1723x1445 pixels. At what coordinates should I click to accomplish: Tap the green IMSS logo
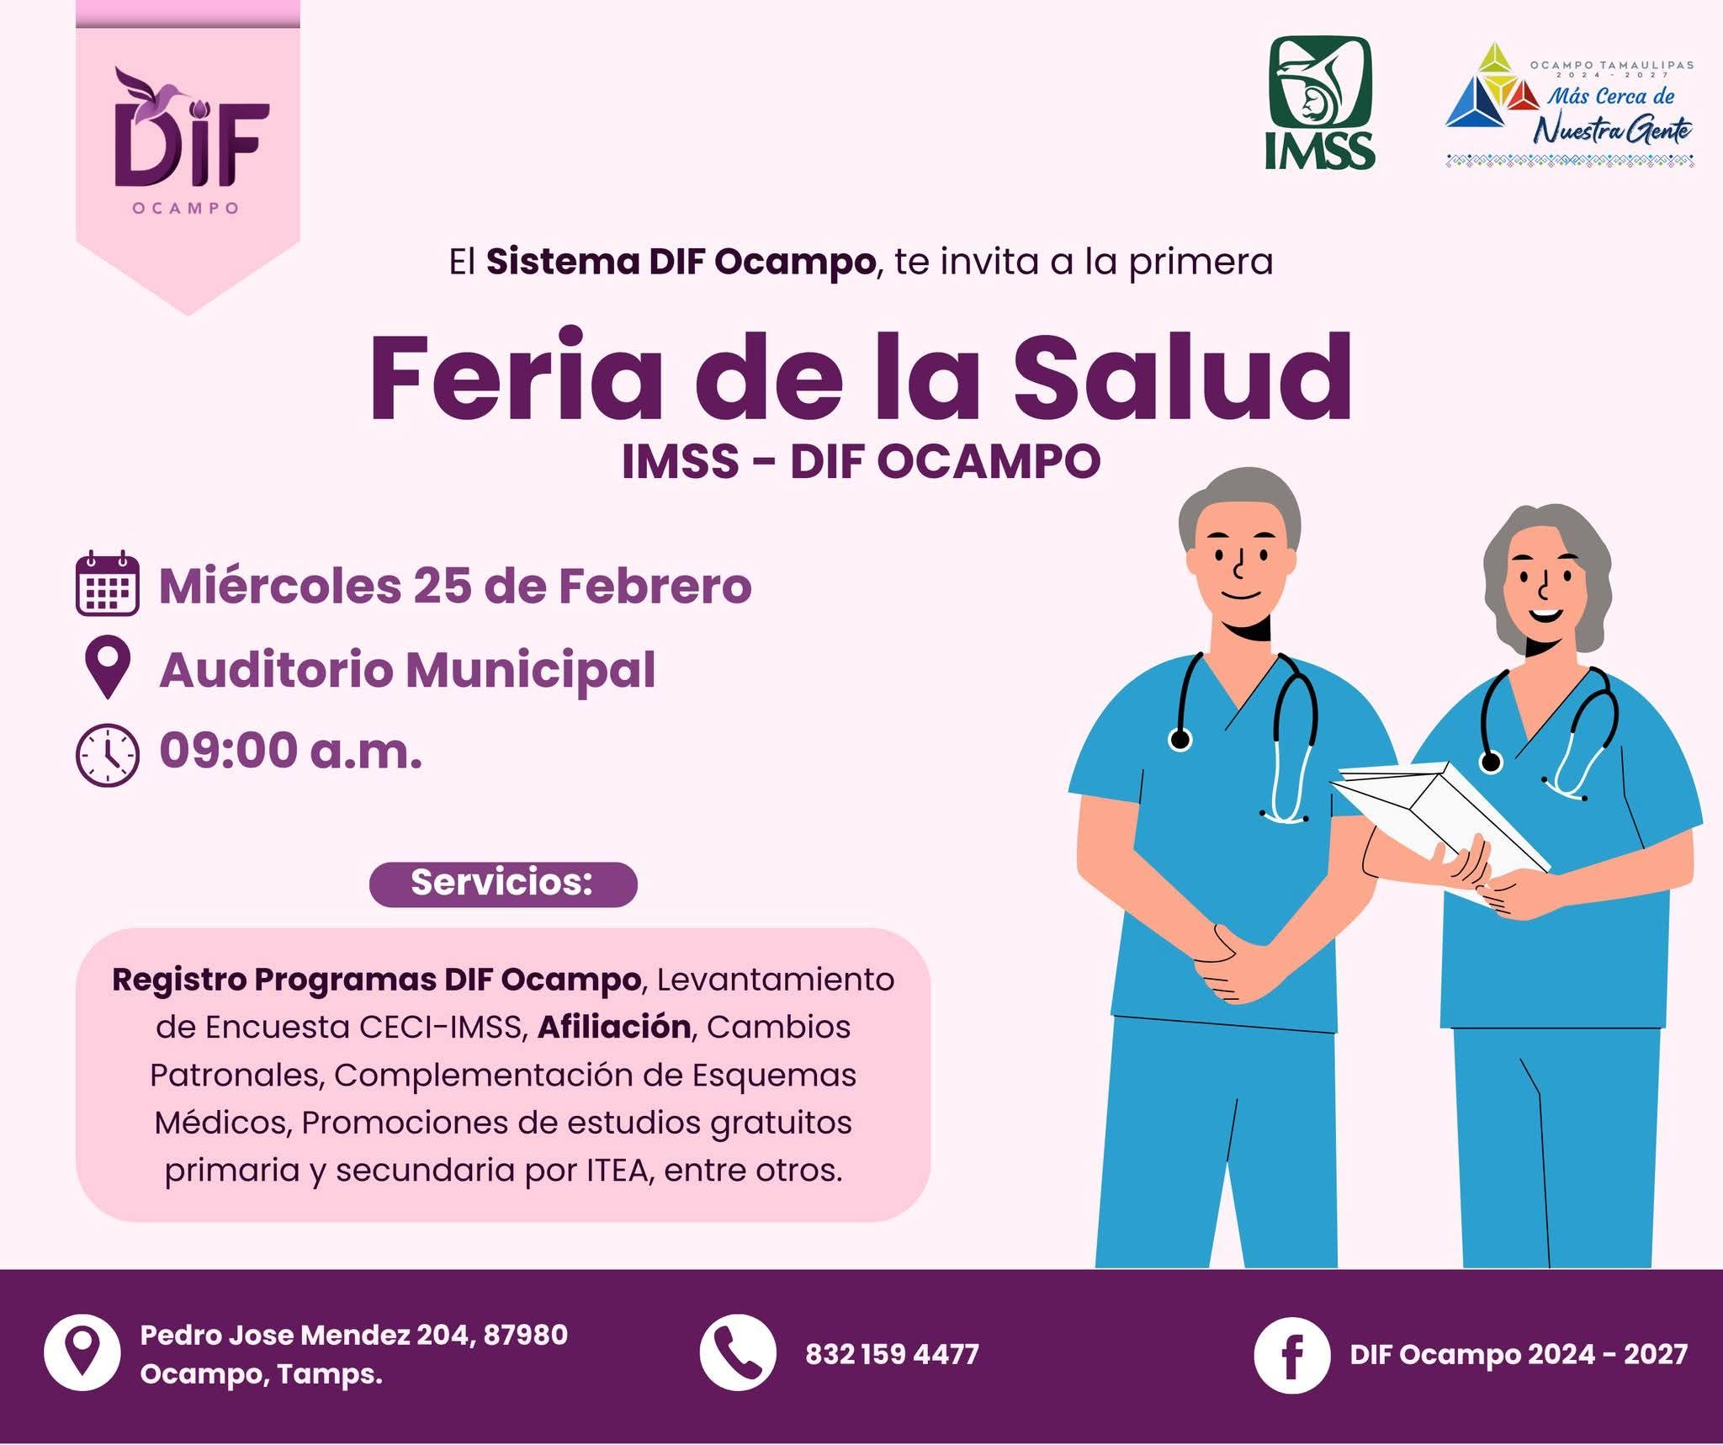tap(1319, 103)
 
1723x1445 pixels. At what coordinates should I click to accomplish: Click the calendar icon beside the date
tap(108, 583)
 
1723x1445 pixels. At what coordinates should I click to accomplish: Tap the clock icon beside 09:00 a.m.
tap(108, 755)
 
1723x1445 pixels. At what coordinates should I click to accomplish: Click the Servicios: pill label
tap(503, 884)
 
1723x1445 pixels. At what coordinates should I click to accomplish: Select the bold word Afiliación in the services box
tap(614, 1027)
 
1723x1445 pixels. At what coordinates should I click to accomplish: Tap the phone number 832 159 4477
tap(892, 1354)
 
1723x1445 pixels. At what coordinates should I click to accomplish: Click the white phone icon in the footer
tap(737, 1352)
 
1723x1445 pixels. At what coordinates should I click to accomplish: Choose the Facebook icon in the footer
tap(1291, 1355)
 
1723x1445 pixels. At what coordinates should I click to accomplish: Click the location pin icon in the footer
tap(82, 1352)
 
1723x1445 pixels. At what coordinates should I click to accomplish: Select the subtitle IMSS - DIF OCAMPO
tap(861, 462)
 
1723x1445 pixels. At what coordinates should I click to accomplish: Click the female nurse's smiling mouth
tap(1545, 614)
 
